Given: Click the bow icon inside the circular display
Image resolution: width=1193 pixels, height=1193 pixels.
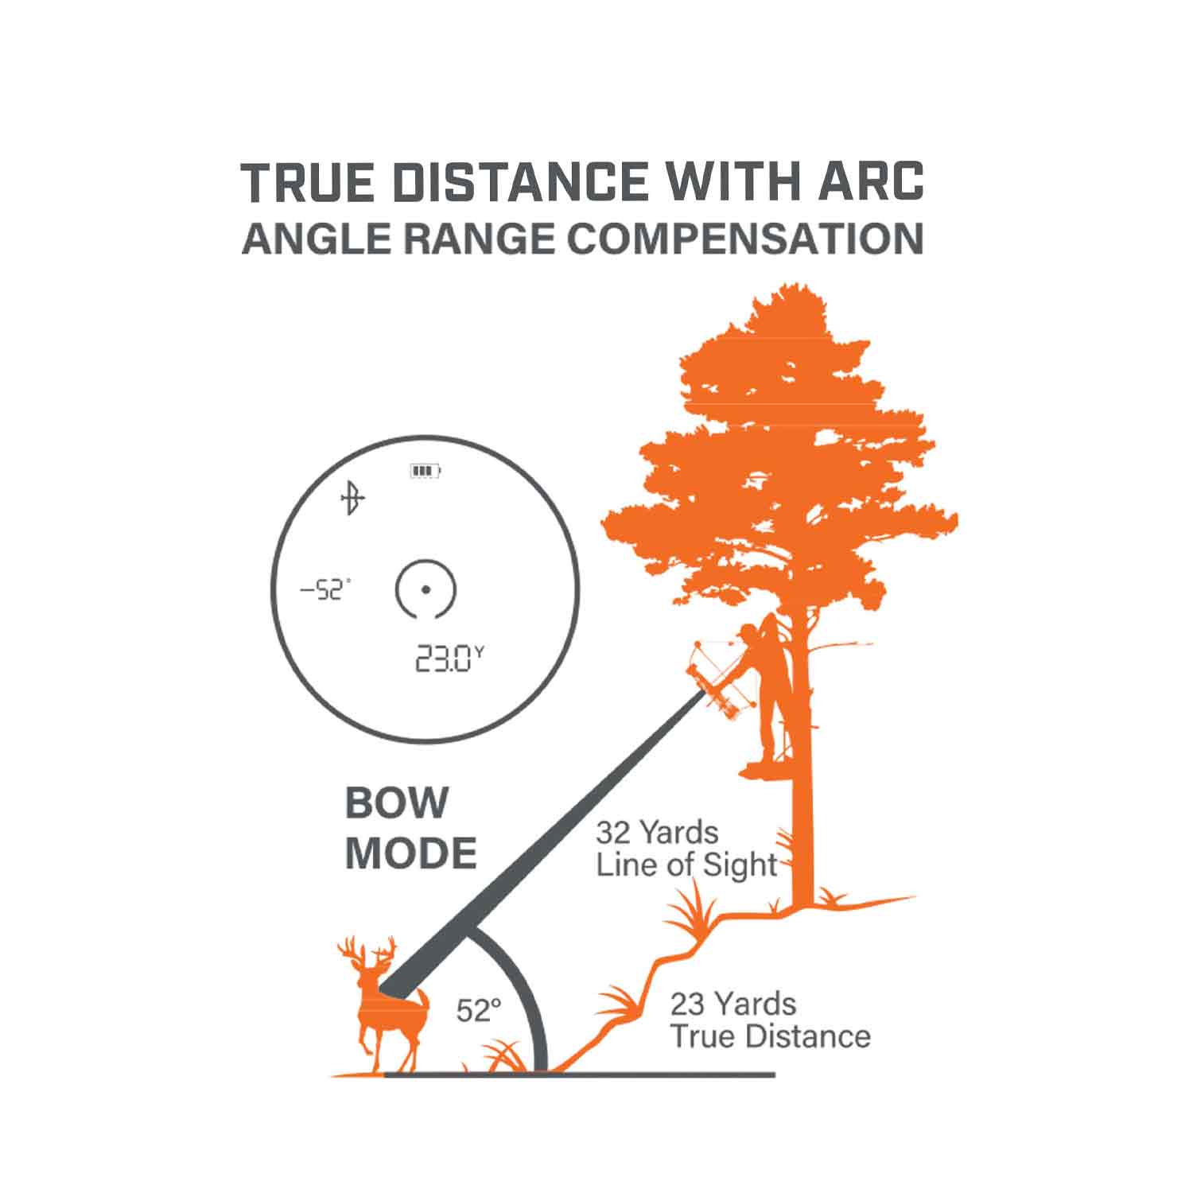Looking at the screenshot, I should (352, 499).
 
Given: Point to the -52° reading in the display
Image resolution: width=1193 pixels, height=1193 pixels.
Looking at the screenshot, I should (324, 590).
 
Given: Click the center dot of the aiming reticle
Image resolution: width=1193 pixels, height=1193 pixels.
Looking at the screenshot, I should (426, 589).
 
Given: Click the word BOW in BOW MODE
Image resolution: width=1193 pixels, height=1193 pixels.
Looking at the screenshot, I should (397, 803).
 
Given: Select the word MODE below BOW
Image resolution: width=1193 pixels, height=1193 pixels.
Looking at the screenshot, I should (410, 853).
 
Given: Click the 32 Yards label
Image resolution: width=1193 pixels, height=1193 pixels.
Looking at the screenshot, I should (657, 833).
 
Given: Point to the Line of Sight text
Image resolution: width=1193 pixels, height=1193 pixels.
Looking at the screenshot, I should (686, 865).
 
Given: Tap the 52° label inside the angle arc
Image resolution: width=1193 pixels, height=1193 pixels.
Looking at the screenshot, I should (479, 1011).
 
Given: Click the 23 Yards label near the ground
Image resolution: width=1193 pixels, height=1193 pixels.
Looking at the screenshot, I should (733, 1004).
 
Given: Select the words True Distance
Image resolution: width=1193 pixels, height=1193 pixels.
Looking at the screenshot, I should (770, 1036).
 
